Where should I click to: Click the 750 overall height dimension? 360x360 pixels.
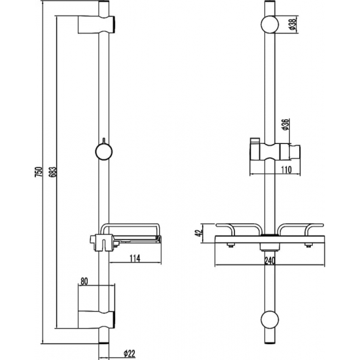click(x=39, y=171)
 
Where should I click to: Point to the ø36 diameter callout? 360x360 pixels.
click(x=287, y=124)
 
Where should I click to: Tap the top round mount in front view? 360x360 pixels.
click(x=268, y=26)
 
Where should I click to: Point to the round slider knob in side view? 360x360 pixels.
click(x=102, y=151)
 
